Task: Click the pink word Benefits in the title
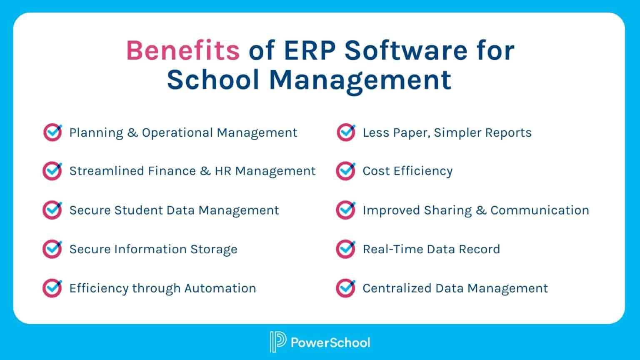[182, 50]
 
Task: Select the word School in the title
[213, 79]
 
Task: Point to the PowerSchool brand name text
[330, 342]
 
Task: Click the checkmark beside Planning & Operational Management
[52, 132]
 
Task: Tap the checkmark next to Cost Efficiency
[345, 171]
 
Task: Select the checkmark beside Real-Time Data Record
[345, 249]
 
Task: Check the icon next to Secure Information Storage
[52, 249]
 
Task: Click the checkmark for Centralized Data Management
[345, 288]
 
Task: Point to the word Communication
[540, 210]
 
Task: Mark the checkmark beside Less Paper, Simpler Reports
[345, 132]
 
